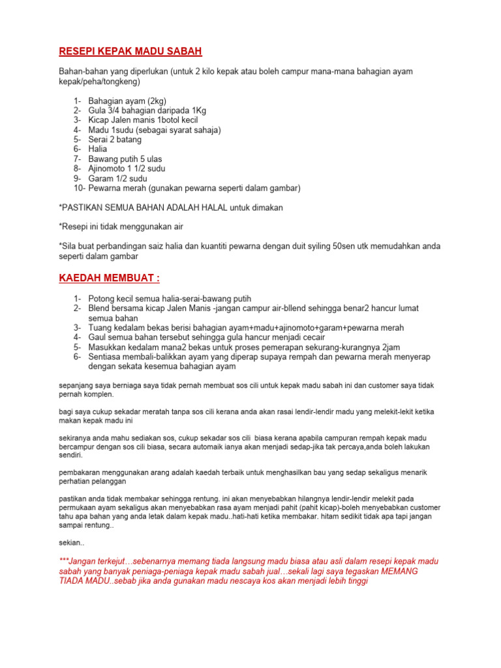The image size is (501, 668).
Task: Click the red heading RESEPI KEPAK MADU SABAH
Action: (130, 51)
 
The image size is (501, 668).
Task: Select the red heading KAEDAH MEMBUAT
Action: (110, 279)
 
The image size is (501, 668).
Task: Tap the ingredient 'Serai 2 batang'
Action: (114, 140)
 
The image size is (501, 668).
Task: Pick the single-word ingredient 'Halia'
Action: (98, 149)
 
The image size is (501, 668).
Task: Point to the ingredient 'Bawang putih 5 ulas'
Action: (125, 159)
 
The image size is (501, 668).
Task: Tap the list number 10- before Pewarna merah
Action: (80, 188)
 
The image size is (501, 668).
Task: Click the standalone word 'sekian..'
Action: (71, 541)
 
